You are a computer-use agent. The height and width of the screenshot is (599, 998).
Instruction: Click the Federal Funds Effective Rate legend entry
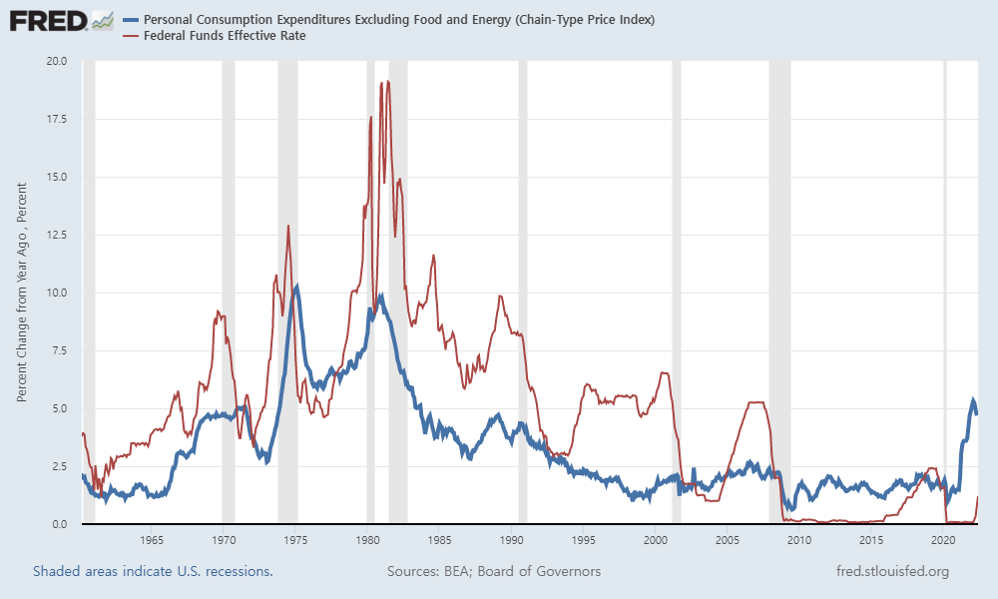224,36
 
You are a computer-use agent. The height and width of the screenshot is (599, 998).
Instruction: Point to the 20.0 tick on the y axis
55,61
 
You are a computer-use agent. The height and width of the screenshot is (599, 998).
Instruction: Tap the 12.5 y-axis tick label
55,235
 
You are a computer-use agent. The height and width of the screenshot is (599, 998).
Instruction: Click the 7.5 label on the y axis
58,350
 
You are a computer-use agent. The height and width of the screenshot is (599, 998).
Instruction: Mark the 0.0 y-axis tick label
58,524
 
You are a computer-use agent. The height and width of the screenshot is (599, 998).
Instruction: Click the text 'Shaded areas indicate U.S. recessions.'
153,572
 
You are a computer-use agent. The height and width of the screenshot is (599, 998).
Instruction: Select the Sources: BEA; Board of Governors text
493,572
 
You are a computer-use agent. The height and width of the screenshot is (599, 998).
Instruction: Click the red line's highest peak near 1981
387,82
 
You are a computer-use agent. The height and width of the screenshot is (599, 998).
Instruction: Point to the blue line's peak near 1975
296,287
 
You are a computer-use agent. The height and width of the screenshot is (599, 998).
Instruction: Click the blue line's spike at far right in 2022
973,401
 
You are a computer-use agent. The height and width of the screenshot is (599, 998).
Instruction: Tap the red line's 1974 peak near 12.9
288,226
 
